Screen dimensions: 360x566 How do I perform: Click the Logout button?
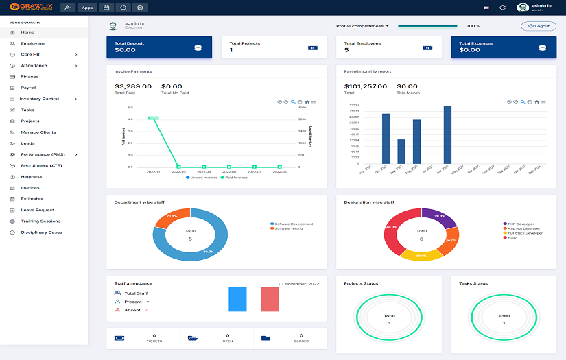[x=539, y=26]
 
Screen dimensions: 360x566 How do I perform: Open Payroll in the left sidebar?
[x=28, y=88]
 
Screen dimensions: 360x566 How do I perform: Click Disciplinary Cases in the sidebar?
[x=41, y=232]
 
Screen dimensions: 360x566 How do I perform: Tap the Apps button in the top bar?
[x=87, y=8]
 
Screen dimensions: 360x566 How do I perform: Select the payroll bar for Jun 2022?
[x=447, y=134]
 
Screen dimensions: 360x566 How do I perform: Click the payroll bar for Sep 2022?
[x=401, y=151]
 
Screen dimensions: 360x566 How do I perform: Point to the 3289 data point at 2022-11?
[x=153, y=118]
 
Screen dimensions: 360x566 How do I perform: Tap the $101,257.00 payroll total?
[x=365, y=86]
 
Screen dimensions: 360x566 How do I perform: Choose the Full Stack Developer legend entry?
[x=525, y=233]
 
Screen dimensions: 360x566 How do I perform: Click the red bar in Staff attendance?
[x=270, y=300]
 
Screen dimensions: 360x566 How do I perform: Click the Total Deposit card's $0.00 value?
[x=126, y=50]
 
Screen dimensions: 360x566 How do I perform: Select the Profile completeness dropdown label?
[x=362, y=26]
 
